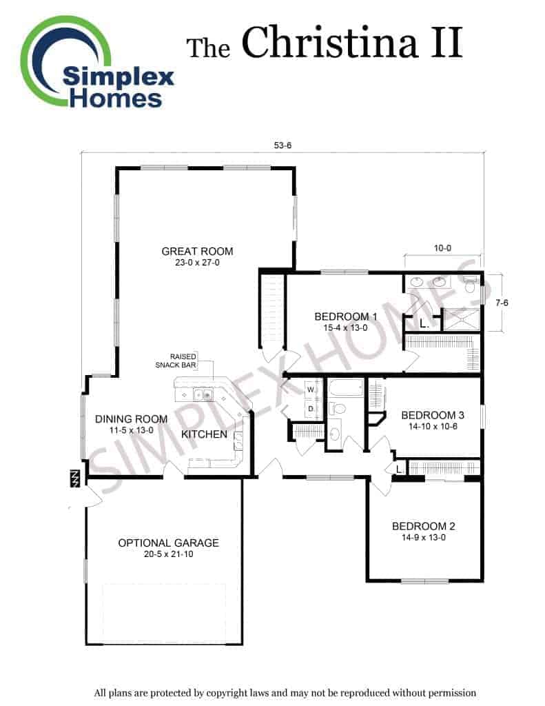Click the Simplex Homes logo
(x=97, y=62)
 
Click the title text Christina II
(x=352, y=42)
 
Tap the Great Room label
(x=197, y=256)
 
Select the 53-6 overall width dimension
(x=282, y=145)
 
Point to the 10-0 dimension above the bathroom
(x=442, y=248)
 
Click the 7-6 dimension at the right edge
(x=502, y=303)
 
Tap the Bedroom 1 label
(x=346, y=321)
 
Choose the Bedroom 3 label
(x=433, y=420)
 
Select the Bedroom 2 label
(x=424, y=532)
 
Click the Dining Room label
(x=131, y=424)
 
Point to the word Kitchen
(x=204, y=434)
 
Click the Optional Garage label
(x=168, y=548)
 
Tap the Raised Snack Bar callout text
(x=176, y=361)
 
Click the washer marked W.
(x=311, y=390)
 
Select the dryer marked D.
(x=311, y=409)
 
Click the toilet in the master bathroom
(x=471, y=285)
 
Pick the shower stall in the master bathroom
(x=461, y=320)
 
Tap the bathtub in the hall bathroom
(x=345, y=387)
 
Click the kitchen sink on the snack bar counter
(x=203, y=395)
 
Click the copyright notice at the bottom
(x=285, y=693)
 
